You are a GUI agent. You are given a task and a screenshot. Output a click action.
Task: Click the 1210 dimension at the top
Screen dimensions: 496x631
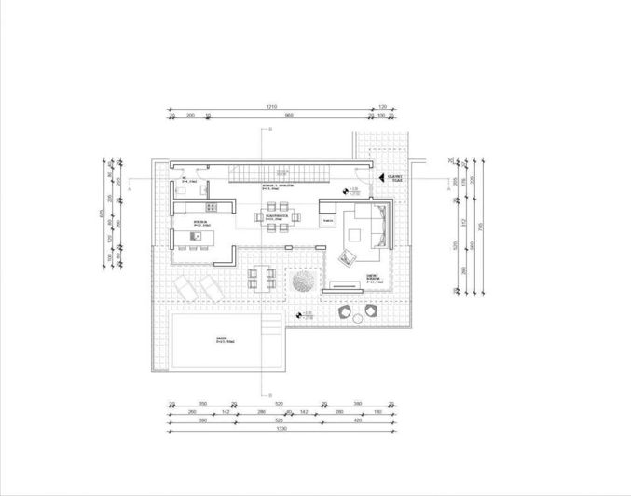271,107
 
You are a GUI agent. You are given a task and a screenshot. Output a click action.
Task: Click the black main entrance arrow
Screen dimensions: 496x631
377,177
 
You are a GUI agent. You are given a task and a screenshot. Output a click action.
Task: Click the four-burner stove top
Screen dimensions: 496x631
212,207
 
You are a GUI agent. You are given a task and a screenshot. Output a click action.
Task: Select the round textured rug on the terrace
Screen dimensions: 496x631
303,280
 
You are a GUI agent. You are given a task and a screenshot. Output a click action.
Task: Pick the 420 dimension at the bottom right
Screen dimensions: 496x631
358,420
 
